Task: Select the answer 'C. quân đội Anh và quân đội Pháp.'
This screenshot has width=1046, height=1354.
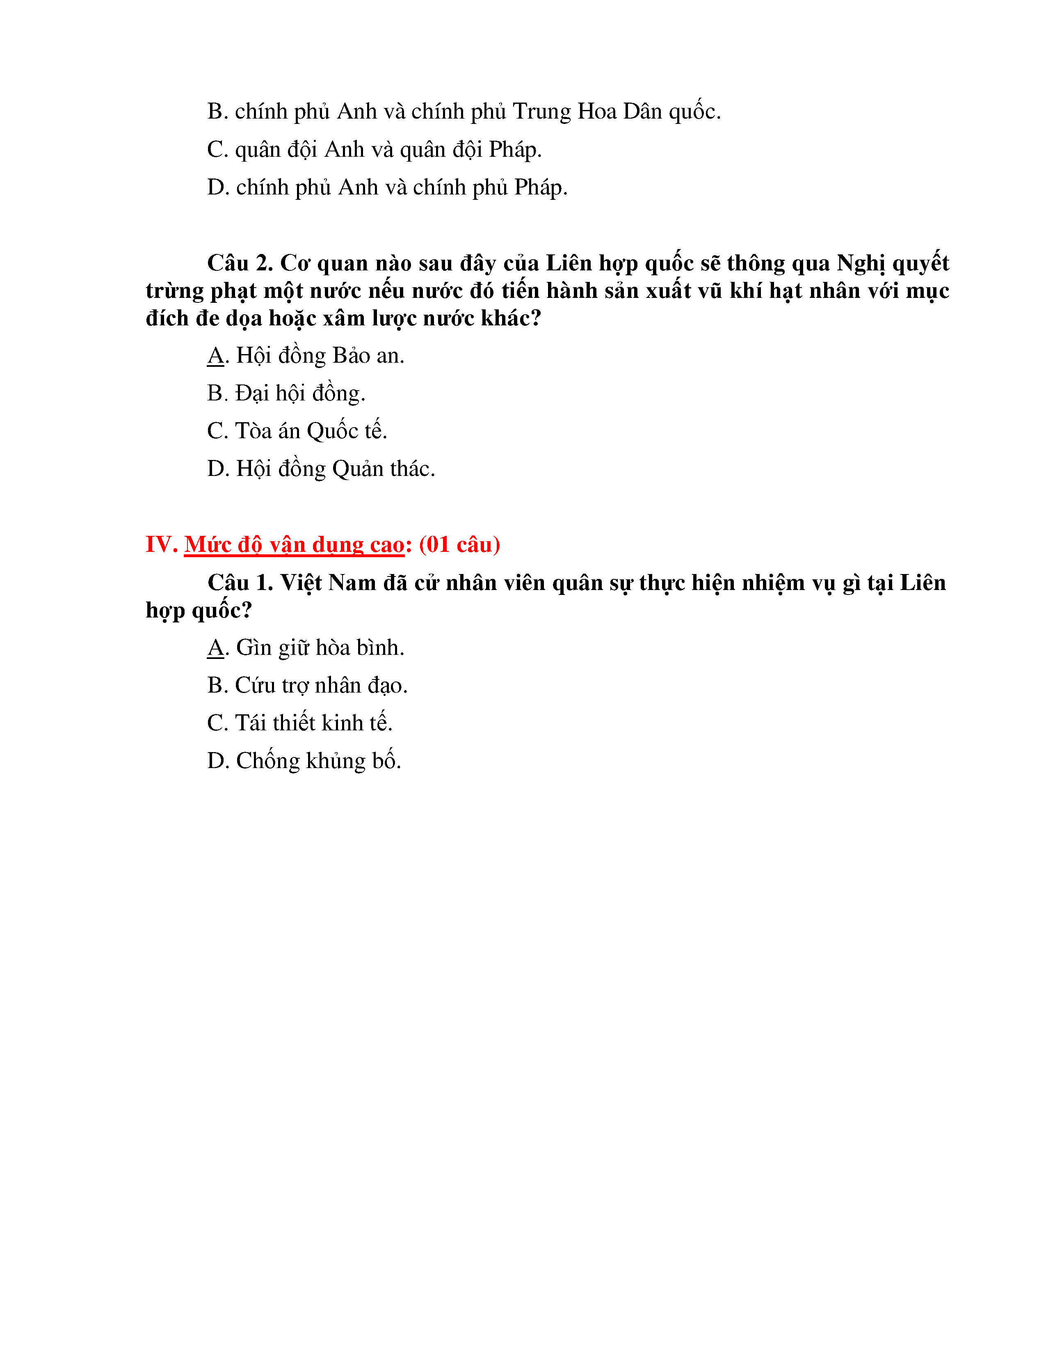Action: click(374, 149)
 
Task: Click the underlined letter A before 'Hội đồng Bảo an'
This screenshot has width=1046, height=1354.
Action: click(215, 356)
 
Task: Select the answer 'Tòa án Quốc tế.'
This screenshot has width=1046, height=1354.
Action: click(311, 431)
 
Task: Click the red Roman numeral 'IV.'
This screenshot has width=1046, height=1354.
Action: click(161, 544)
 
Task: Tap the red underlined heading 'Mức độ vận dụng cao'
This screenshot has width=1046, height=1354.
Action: click(294, 544)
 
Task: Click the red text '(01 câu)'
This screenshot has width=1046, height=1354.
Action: click(459, 544)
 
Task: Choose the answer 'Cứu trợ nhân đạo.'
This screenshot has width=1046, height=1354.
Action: click(321, 686)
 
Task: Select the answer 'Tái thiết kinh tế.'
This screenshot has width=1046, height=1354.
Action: click(313, 723)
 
